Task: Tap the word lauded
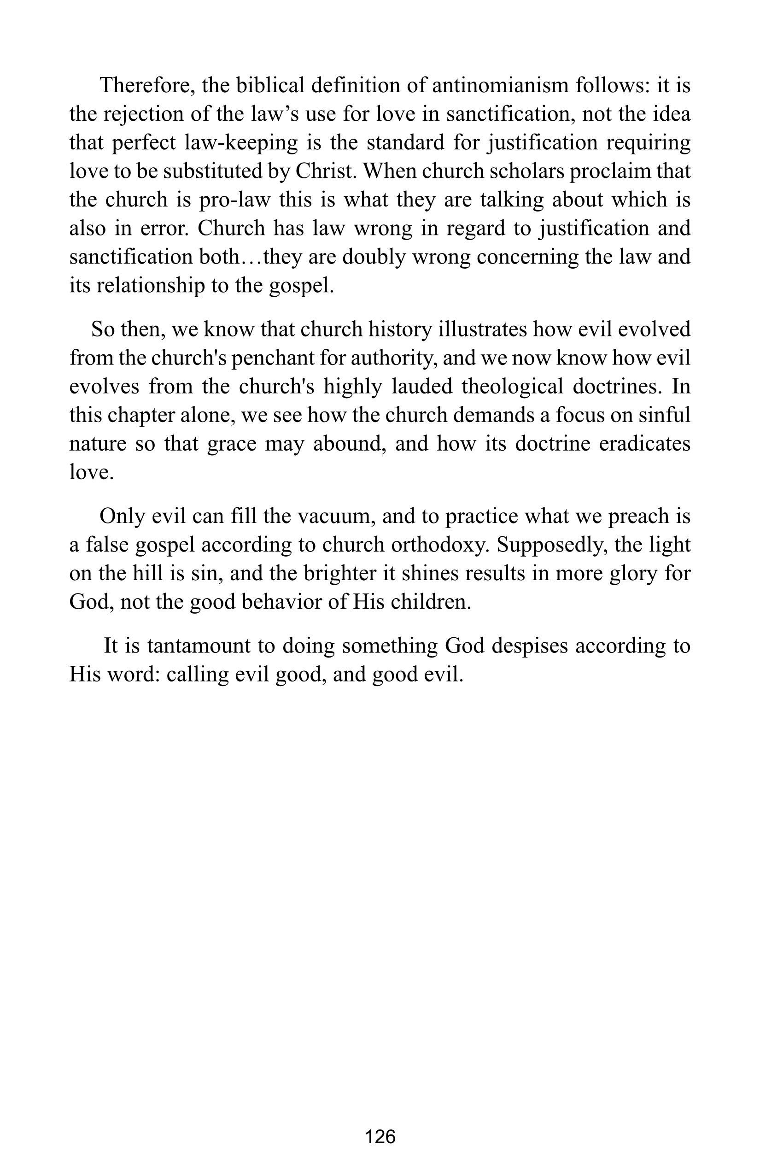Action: point(422,387)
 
